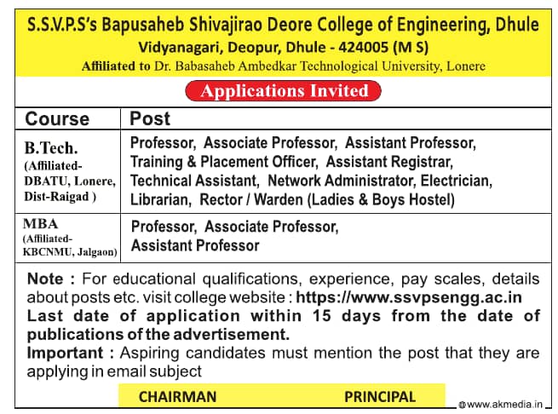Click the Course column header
[x=57, y=118]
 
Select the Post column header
[x=150, y=118]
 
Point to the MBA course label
[x=41, y=224]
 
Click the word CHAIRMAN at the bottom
[x=177, y=396]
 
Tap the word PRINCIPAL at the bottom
[x=380, y=396]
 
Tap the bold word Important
[x=62, y=352]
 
